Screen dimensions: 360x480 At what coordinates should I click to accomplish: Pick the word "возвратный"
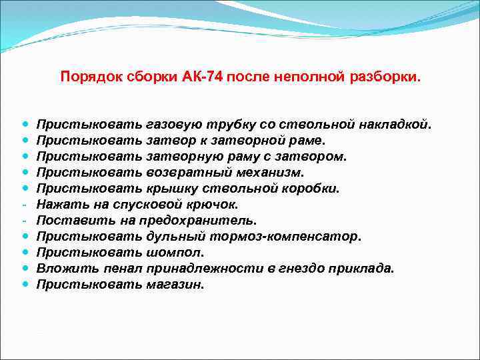coord(184,173)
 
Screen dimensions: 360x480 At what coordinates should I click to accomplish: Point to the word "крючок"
coord(211,205)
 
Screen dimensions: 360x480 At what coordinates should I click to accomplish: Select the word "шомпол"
coord(173,253)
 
